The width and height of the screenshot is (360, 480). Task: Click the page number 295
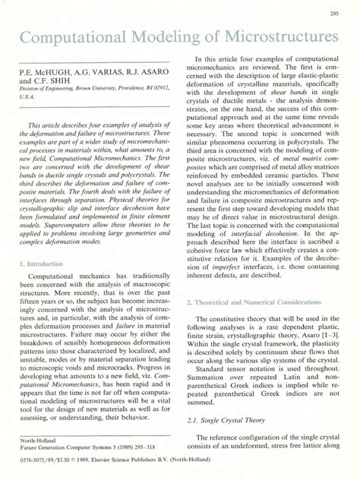coord(333,13)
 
